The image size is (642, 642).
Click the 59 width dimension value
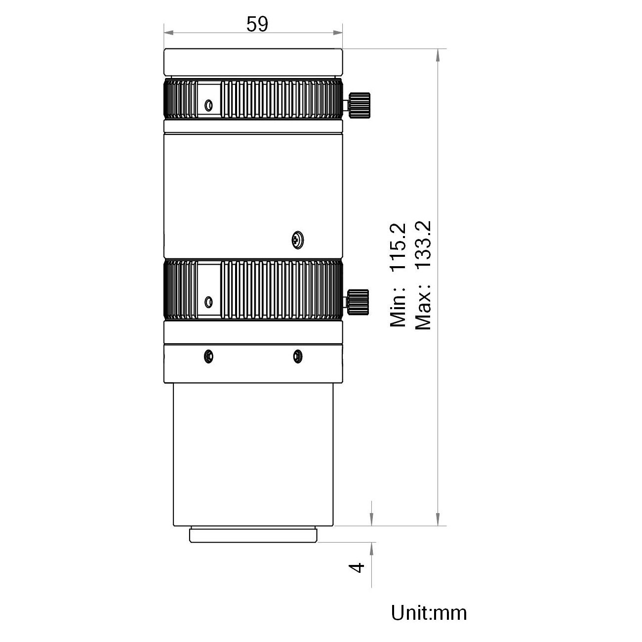coord(257,24)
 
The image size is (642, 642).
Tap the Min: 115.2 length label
coord(398,275)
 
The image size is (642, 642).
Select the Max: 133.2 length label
coord(423,276)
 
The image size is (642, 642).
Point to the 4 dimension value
coord(357,567)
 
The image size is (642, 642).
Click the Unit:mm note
coord(429,613)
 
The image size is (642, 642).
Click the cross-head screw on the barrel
coord(297,240)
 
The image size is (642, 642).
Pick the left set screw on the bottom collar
coord(208,357)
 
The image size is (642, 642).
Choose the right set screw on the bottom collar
coord(298,357)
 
